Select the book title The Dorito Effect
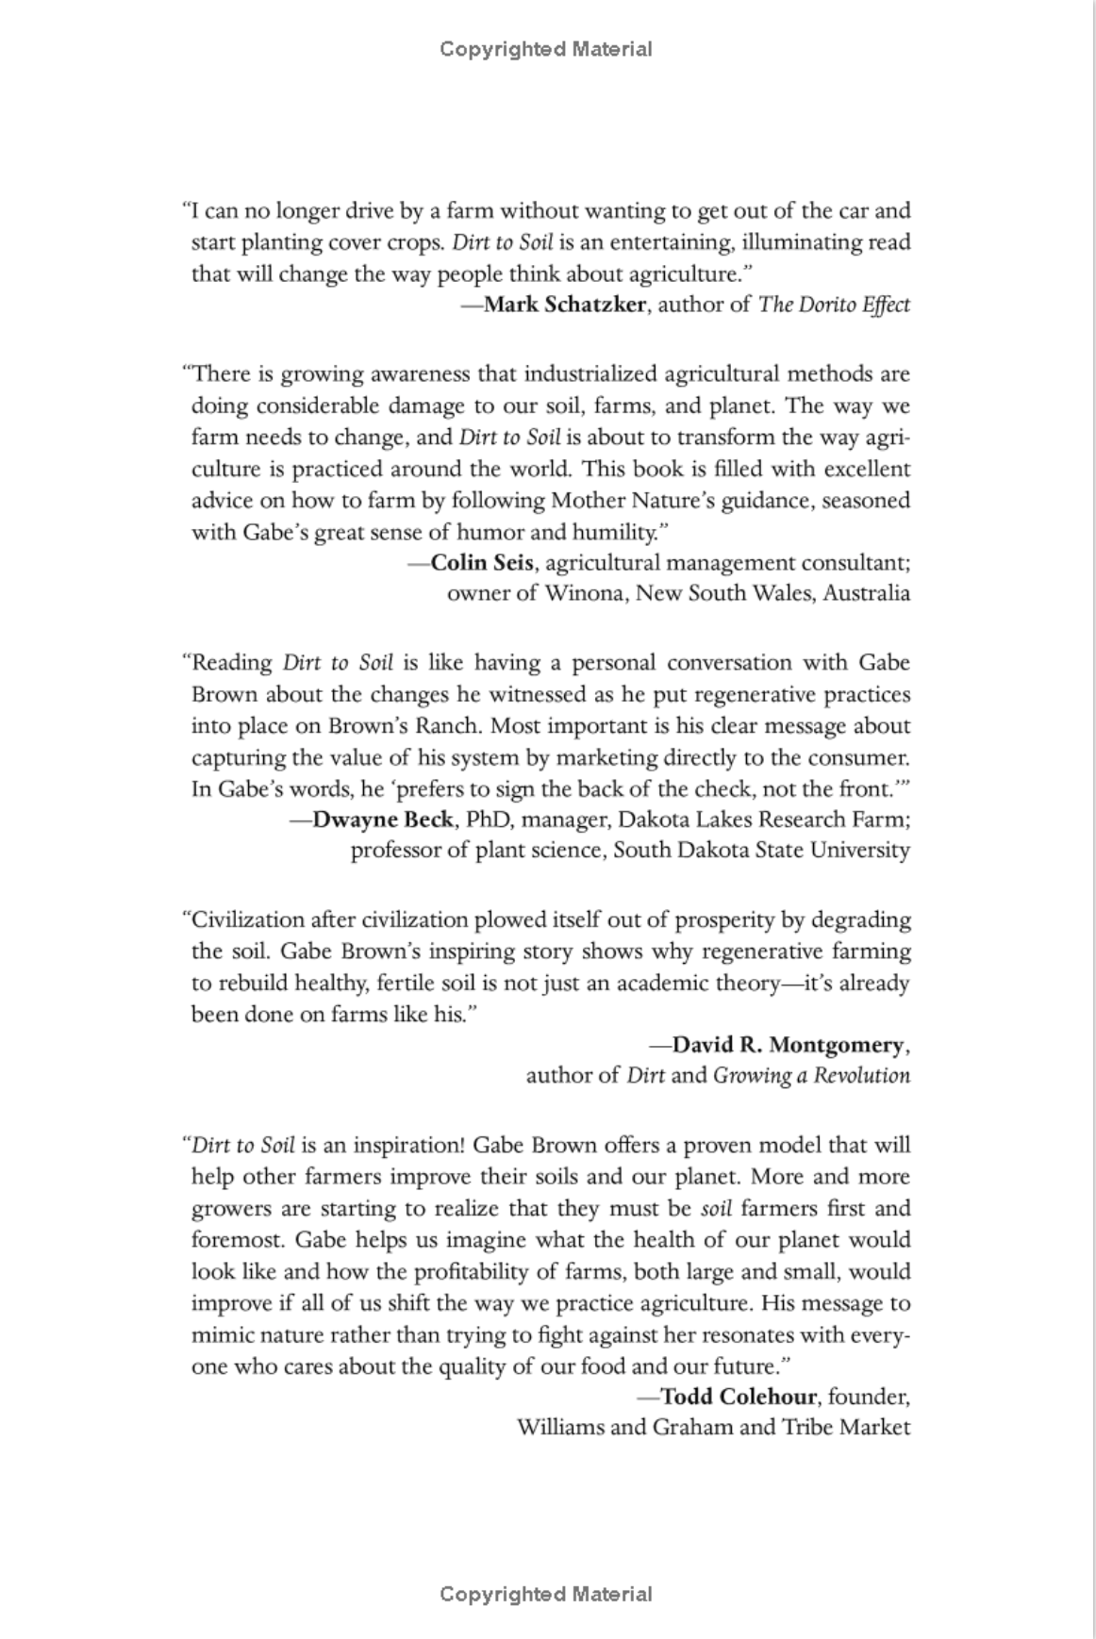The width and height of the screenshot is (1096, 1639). coord(834,305)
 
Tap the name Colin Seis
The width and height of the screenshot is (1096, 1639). coord(483,563)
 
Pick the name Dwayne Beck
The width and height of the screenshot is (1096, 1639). coord(382,819)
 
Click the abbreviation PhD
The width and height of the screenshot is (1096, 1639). coord(489,819)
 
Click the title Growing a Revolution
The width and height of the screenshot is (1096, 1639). coord(811,1075)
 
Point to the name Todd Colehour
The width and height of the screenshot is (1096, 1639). coord(739,1396)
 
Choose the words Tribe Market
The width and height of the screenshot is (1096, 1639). coord(845,1426)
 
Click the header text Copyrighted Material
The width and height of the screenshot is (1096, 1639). coord(546,49)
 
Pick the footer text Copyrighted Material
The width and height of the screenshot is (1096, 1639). coord(546,1595)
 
